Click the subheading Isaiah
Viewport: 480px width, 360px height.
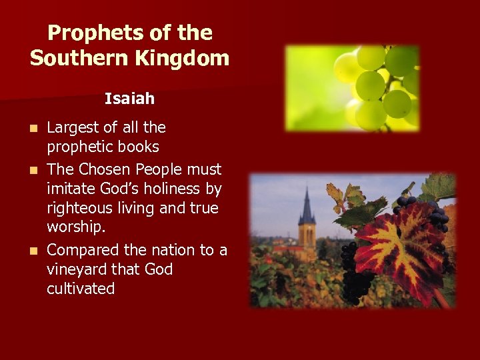tap(129, 99)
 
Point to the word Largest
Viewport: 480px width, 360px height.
tap(73, 127)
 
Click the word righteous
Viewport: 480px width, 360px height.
tap(78, 209)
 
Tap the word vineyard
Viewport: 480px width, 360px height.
tap(75, 269)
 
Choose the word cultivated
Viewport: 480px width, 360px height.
tap(81, 289)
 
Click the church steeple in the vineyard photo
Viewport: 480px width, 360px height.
tap(307, 213)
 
